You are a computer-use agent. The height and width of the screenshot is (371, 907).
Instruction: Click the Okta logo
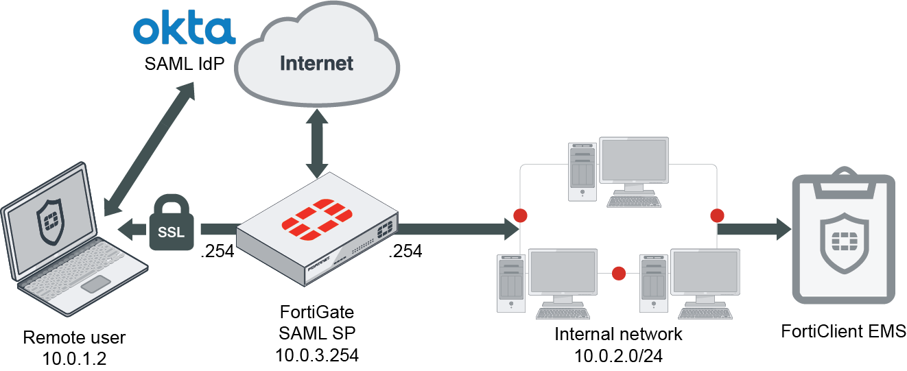(x=183, y=30)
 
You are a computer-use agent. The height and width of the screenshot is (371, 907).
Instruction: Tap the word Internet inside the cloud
(x=316, y=64)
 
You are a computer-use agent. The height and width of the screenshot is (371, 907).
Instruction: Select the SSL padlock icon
(x=171, y=223)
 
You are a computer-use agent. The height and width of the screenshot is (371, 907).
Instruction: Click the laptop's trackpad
(x=98, y=284)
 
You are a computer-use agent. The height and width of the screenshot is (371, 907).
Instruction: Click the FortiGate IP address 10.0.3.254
(x=317, y=356)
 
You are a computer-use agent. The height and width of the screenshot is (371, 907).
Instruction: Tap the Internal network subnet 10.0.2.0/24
(x=619, y=356)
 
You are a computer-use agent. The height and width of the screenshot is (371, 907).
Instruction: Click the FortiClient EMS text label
(x=843, y=332)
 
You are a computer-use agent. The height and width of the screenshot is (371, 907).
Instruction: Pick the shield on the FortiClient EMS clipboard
(x=843, y=240)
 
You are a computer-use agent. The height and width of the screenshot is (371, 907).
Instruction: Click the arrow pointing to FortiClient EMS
(x=755, y=228)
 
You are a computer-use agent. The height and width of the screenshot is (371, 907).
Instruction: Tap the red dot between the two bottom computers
(x=619, y=273)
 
